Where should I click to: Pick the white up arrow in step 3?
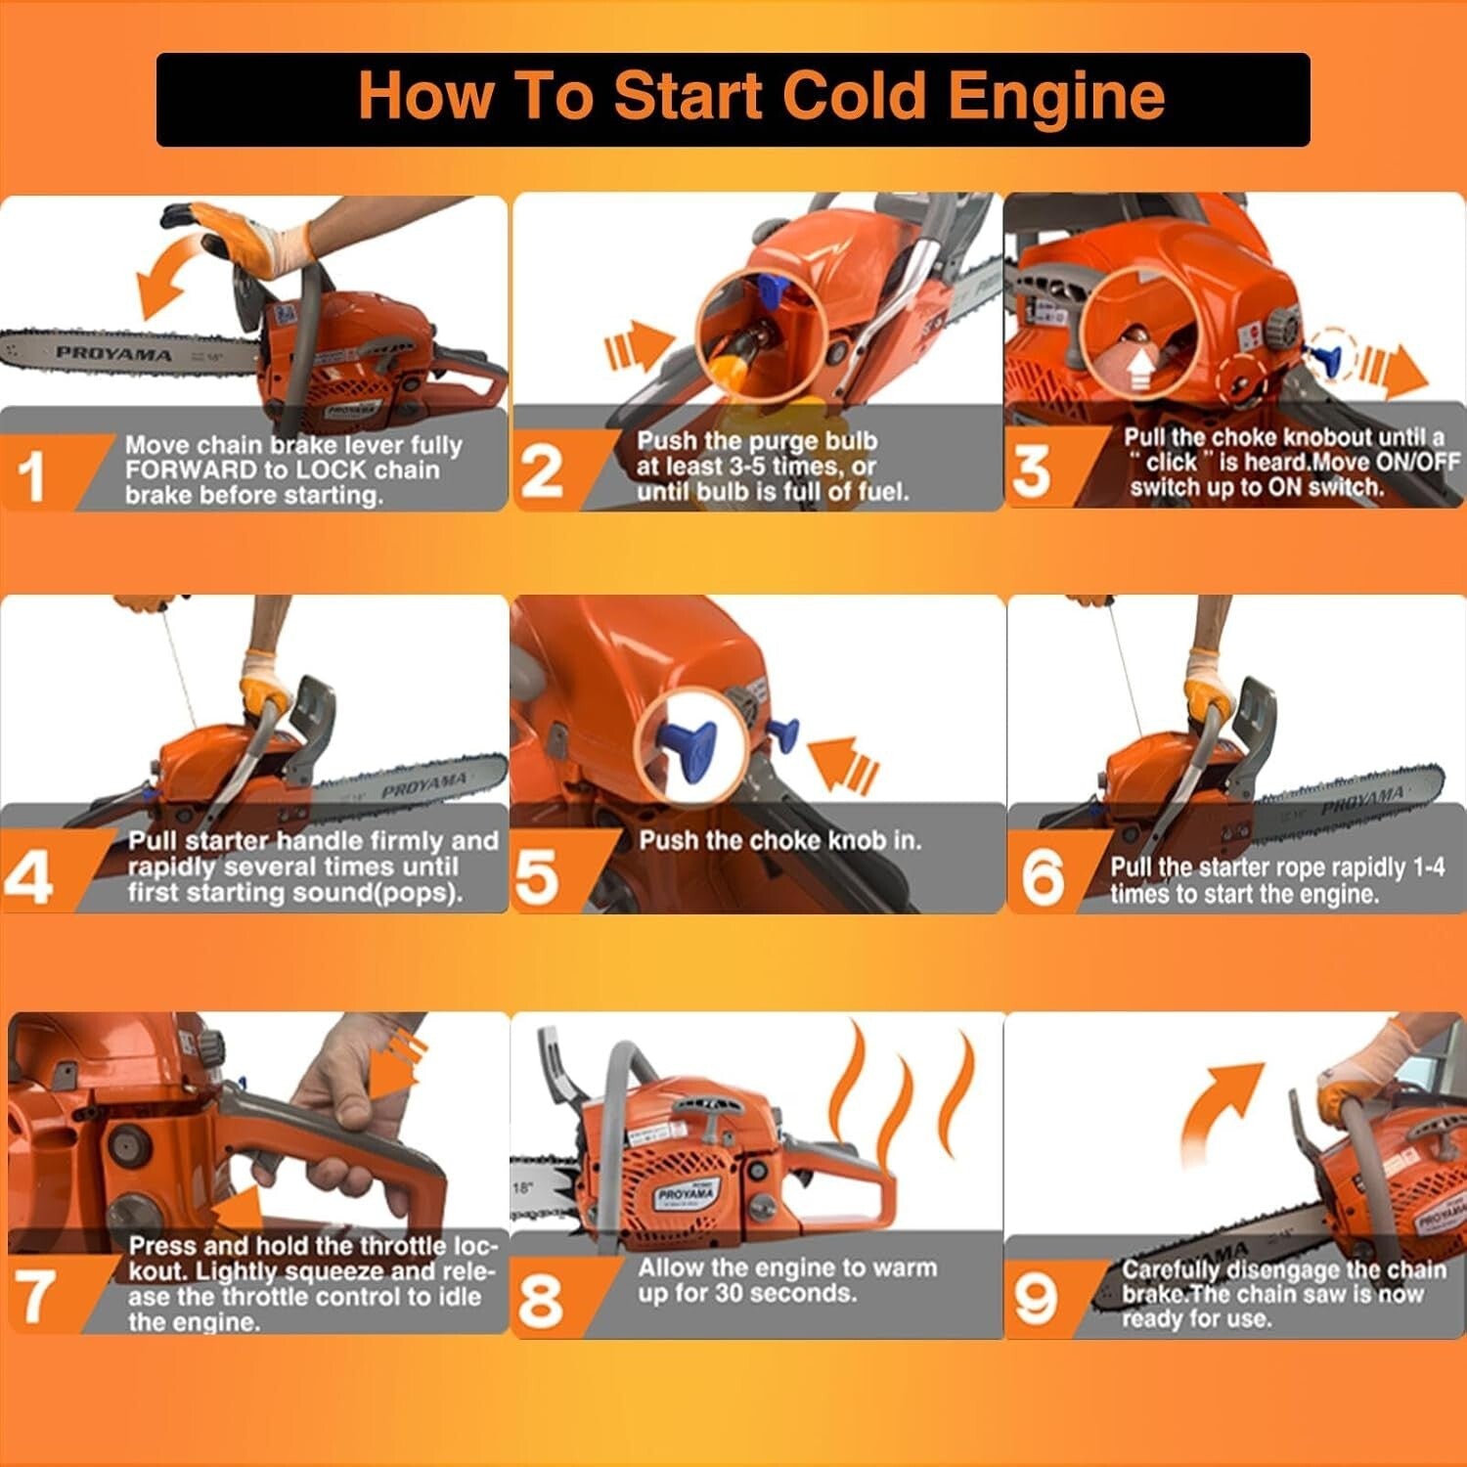click(x=1140, y=371)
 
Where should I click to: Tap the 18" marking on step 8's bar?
click(x=523, y=1188)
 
